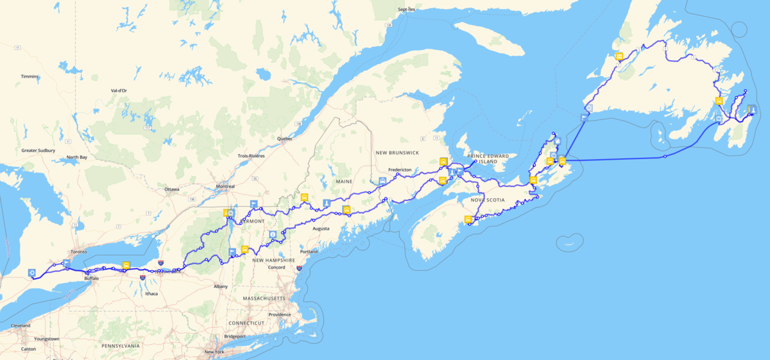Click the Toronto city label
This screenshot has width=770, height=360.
(x=78, y=252)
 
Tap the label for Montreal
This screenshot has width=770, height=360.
(x=225, y=187)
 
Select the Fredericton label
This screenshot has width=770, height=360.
(x=400, y=169)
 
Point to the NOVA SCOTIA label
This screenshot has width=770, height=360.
(x=488, y=200)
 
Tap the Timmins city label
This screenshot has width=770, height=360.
(x=30, y=76)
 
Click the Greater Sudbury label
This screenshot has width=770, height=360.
(x=38, y=151)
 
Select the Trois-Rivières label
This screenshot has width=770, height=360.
(x=252, y=156)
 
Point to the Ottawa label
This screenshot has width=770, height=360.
(x=172, y=189)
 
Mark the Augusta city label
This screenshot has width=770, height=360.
(x=321, y=228)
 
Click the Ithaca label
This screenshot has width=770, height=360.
(x=152, y=293)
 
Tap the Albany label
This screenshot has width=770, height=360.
(x=221, y=286)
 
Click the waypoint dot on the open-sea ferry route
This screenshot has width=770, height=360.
(x=665, y=157)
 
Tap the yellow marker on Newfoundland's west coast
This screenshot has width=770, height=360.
(x=619, y=56)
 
